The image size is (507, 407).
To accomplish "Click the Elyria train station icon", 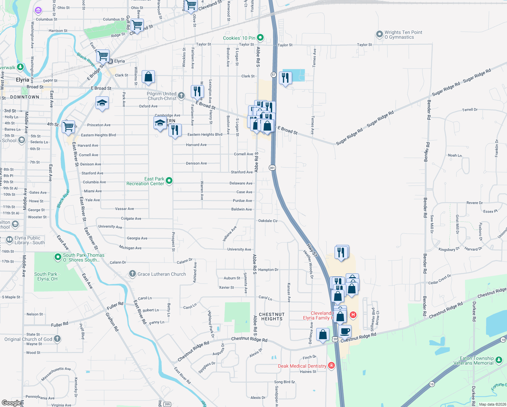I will tap(110, 61).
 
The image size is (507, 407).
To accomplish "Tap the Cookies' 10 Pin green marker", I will tap(260, 38).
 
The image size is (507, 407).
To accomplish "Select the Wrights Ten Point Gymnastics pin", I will tap(380, 34).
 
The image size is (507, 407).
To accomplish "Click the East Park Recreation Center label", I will tap(145, 181).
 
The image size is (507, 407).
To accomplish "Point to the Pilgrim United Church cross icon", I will tap(181, 96).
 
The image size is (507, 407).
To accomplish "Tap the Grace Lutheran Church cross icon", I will tap(133, 274).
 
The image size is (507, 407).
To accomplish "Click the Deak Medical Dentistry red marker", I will tap(331, 366).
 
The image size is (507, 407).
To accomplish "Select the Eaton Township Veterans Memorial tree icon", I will tap(499, 360).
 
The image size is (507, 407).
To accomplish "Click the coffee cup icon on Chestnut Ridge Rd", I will tap(345, 331).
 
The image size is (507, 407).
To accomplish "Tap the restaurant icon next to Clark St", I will tap(285, 78).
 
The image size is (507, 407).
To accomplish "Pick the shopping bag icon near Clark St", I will tap(148, 77).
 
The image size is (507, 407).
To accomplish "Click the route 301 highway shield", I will tap(272, 168).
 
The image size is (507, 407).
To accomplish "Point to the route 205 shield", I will tap(167, 404).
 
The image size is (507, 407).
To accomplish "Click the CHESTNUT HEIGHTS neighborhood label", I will tap(272, 316).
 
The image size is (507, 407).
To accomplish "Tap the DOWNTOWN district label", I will tap(25, 97).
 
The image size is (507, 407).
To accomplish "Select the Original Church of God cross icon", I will tap(57, 338).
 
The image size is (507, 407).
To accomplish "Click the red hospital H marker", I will tap(353, 315).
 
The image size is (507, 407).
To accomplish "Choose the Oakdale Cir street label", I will tap(268, 221).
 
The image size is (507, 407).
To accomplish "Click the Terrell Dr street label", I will tap(470, 110).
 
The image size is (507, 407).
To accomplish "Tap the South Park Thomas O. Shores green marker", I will tap(58, 257).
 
